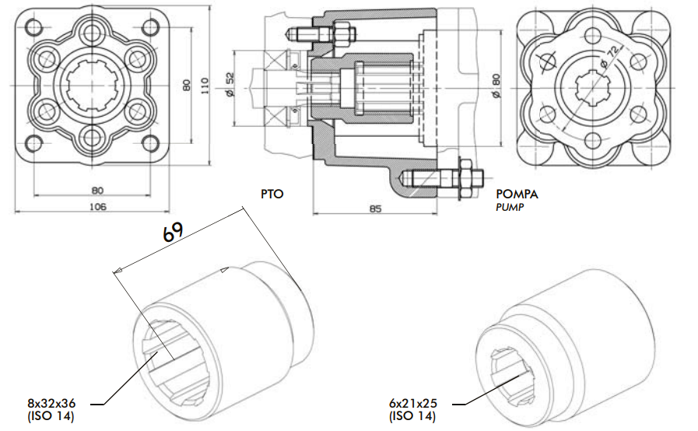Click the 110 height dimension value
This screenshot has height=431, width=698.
[x=205, y=85]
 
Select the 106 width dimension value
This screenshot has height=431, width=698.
[x=98, y=207]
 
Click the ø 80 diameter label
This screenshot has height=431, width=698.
[x=496, y=85]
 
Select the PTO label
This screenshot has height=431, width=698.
[x=272, y=194]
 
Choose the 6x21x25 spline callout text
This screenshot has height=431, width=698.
[x=415, y=404]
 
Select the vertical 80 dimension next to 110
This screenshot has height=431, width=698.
[x=186, y=85]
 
